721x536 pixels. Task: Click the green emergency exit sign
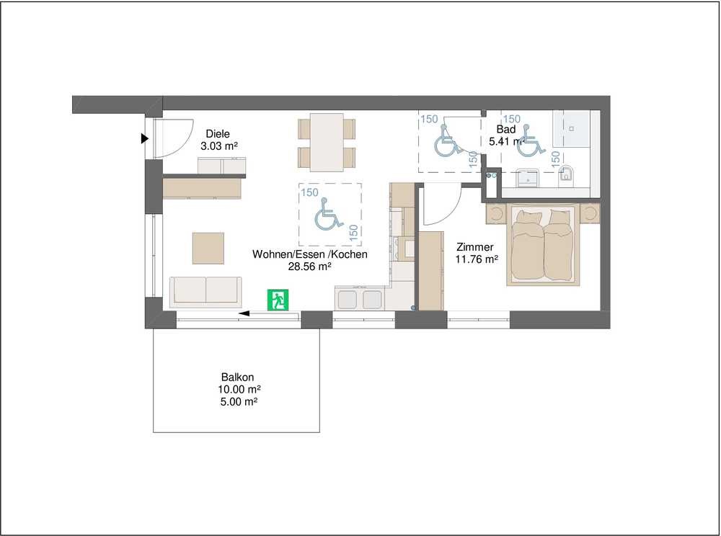pos(278,300)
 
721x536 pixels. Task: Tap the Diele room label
pos(218,134)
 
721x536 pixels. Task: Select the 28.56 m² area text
pos(310,267)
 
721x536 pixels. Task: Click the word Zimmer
pos(475,247)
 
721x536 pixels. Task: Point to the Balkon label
pos(238,377)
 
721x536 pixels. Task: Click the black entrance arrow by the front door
pos(145,138)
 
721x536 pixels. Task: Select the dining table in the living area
pos(327,142)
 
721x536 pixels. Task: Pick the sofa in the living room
pos(205,292)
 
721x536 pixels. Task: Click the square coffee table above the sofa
pos(208,248)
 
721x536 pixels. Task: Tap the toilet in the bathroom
pos(567,176)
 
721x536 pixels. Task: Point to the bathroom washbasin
pos(528,177)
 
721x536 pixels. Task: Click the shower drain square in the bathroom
pos(572,129)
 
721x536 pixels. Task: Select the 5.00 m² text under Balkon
pos(238,402)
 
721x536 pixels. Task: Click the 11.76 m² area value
pos(477,259)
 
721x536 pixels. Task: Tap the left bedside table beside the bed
pos(497,214)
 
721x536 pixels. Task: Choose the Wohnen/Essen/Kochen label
pos(310,254)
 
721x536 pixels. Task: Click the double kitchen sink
pos(360,299)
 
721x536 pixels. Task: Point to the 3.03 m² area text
pos(219,146)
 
